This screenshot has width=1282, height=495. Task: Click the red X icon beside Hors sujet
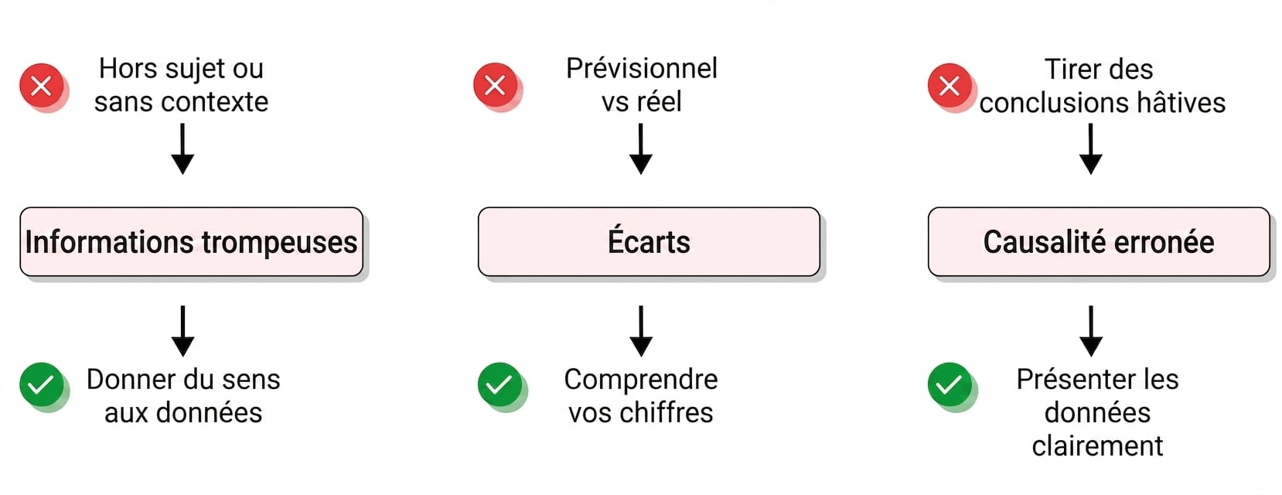pyautogui.click(x=42, y=86)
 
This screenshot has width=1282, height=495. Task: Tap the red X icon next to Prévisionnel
pyautogui.click(x=495, y=85)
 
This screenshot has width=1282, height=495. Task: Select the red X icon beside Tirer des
pyautogui.click(x=950, y=86)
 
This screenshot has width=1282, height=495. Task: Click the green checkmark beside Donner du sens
pyautogui.click(x=42, y=384)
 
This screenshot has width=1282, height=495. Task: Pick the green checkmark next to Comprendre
pyautogui.click(x=500, y=384)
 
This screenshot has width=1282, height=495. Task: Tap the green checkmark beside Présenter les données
pyautogui.click(x=950, y=384)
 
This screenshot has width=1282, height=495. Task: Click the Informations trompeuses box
pyautogui.click(x=191, y=241)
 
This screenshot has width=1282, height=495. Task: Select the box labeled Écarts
pyautogui.click(x=649, y=241)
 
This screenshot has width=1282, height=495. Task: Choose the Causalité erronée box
pyautogui.click(x=1099, y=241)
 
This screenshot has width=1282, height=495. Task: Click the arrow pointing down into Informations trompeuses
pyautogui.click(x=182, y=149)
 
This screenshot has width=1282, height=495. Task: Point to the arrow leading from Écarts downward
pyautogui.click(x=641, y=331)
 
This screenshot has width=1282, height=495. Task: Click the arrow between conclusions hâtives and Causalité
pyautogui.click(x=1091, y=149)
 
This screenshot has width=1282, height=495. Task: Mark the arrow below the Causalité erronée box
pyautogui.click(x=1091, y=331)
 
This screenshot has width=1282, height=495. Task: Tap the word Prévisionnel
pyautogui.click(x=642, y=69)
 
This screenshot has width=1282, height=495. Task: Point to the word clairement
pyautogui.click(x=1098, y=445)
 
